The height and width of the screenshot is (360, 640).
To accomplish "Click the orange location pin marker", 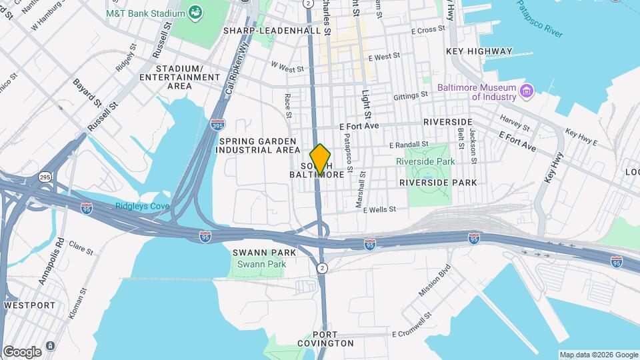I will click(x=321, y=159).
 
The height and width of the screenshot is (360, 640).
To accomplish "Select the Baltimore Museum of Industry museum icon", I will click(x=527, y=91).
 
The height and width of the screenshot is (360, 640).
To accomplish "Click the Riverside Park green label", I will click(x=425, y=161).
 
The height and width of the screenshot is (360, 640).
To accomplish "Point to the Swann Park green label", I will click(x=258, y=264).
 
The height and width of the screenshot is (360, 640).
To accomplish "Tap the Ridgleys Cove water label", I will click(x=142, y=206).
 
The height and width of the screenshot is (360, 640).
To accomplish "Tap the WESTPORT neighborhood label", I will click(x=29, y=305).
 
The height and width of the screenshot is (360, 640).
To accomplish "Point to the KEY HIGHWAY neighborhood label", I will click(x=479, y=51).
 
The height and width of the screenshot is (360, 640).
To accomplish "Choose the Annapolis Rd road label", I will click(x=51, y=261).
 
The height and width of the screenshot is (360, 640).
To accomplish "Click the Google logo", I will click(x=21, y=352).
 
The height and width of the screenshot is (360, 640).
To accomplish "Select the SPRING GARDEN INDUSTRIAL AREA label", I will click(x=259, y=145).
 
